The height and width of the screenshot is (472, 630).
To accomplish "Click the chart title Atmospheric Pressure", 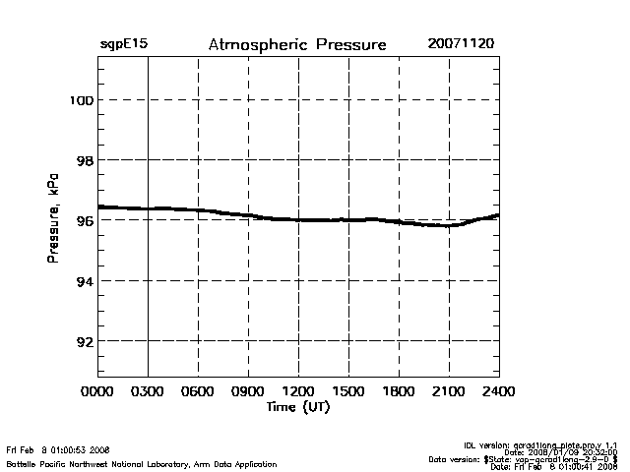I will point(296,45).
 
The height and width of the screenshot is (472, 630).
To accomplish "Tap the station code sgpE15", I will point(123,45).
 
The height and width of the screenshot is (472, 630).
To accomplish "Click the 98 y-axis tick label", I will point(83,160).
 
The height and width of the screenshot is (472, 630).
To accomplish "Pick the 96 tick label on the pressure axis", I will point(83,220).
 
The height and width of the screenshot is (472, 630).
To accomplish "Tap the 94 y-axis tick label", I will point(83,281).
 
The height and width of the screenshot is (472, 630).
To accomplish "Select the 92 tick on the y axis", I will point(83,341).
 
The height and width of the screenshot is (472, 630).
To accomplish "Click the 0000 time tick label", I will point(97,392).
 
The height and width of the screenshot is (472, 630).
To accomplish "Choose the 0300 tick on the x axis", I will point(148,392).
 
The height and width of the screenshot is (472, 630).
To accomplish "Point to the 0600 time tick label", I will point(198,392).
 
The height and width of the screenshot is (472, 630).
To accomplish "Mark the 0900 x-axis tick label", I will point(248,392).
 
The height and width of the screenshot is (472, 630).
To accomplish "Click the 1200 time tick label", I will point(298,392).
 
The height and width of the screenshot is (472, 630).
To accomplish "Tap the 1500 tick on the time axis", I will point(348,392).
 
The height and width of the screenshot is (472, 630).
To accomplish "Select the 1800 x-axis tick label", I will point(399,392).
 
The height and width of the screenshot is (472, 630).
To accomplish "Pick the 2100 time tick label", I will point(449,392).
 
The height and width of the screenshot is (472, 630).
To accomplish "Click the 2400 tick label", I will point(499,392).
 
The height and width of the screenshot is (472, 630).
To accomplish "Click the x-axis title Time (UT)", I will point(297,407).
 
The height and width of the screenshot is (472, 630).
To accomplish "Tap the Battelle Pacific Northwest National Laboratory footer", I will point(141,463).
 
